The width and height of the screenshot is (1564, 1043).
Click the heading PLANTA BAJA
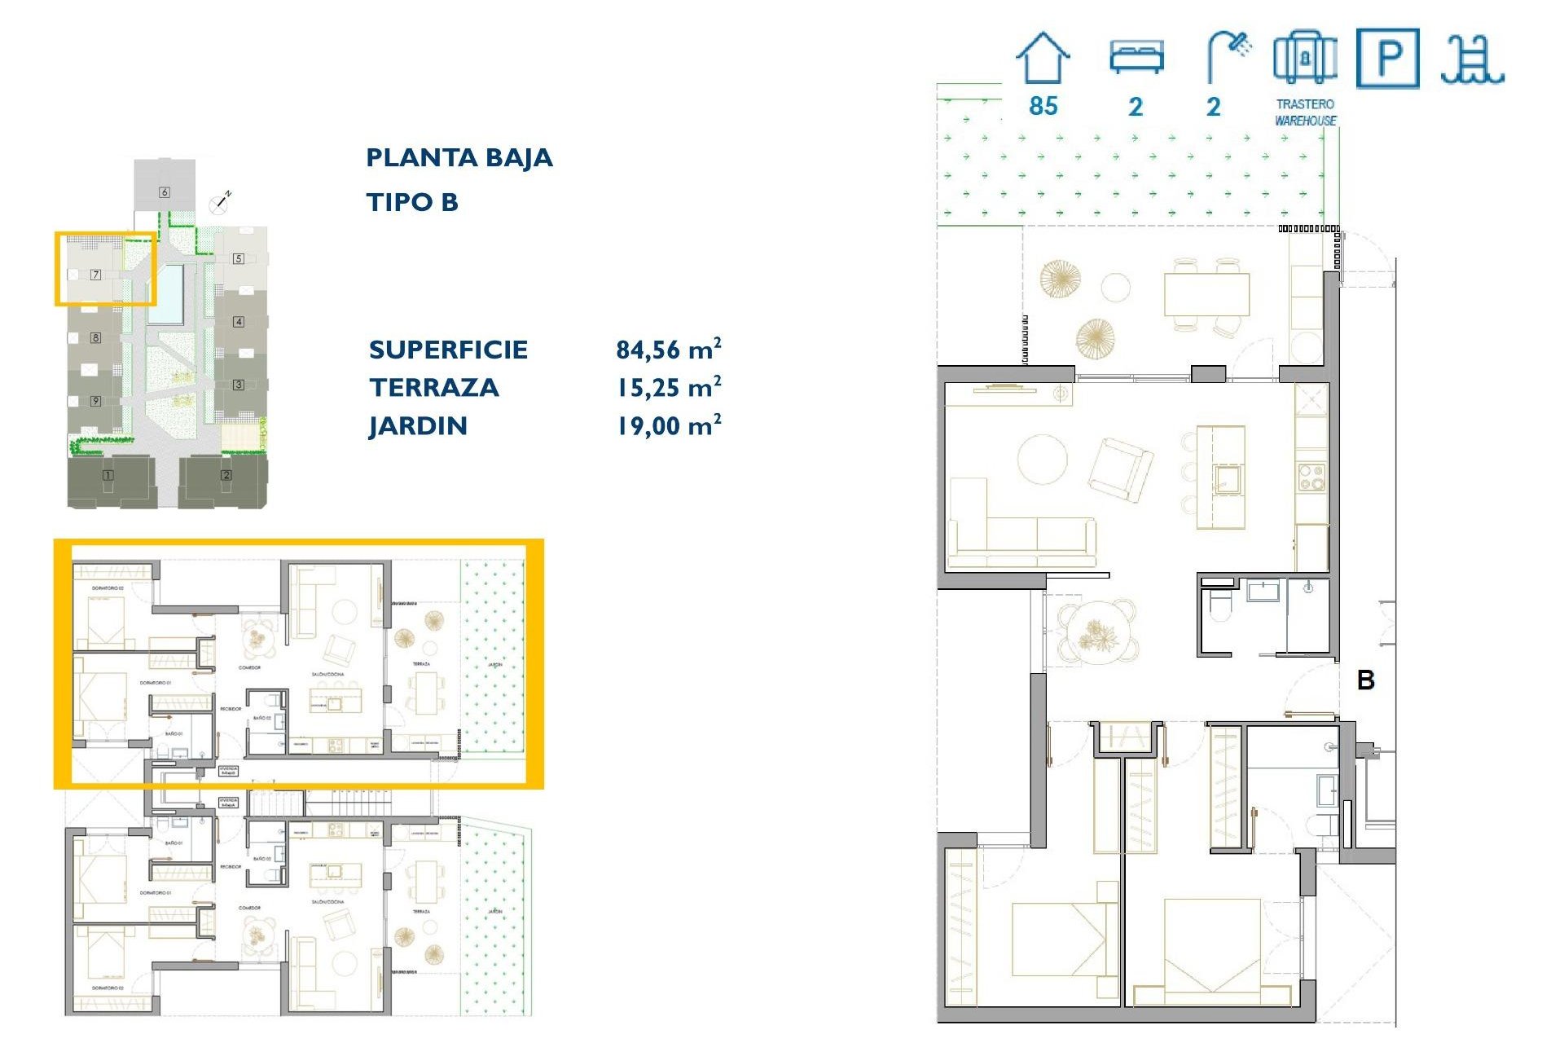(x=459, y=157)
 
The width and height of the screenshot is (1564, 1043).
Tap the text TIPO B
(x=412, y=202)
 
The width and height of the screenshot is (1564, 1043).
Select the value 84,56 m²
(x=668, y=350)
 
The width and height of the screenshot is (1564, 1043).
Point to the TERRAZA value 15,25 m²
(x=668, y=388)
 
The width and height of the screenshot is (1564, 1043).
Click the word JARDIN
(x=418, y=426)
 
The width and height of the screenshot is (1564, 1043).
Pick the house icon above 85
(x=1042, y=59)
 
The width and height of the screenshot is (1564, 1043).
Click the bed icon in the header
(x=1136, y=57)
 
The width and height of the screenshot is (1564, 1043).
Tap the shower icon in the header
(x=1228, y=55)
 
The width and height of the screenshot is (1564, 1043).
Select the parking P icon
(x=1387, y=58)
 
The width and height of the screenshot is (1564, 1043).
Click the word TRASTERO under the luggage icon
(x=1305, y=104)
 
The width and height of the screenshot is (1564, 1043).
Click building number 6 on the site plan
(x=165, y=192)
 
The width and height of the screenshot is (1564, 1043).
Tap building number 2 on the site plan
(x=226, y=475)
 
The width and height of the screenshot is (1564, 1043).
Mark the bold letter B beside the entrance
(x=1366, y=680)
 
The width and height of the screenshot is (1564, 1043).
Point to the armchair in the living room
(x=1121, y=469)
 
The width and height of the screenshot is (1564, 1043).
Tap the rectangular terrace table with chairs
(x=1206, y=295)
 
